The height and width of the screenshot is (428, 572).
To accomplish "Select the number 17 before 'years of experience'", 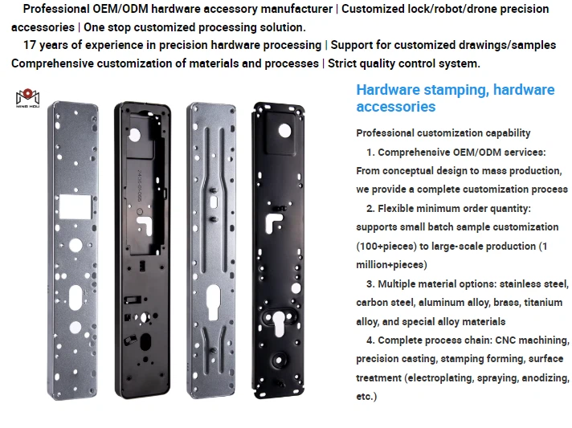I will coord(31,45).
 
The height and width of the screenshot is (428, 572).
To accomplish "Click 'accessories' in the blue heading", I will coord(395,107).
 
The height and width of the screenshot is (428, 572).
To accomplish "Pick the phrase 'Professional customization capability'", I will coord(443,133).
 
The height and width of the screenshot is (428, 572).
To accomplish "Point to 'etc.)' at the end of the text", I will coord(366,397).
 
